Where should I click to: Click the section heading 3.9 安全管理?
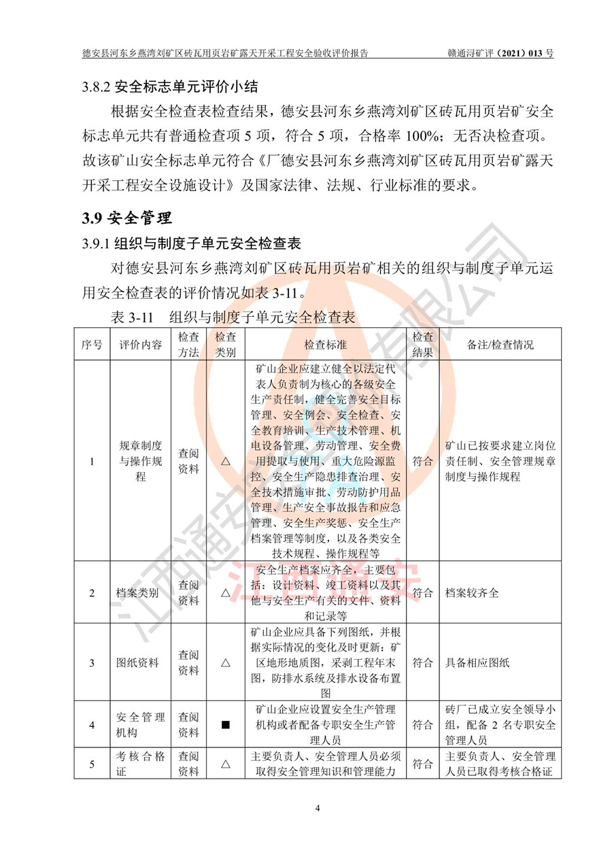click(x=127, y=218)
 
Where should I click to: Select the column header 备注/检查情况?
click(x=500, y=344)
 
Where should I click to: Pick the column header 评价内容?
click(x=141, y=344)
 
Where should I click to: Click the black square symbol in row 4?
click(x=225, y=725)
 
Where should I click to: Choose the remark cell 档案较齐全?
click(x=472, y=593)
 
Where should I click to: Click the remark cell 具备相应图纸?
click(x=477, y=662)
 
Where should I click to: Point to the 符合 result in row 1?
click(x=422, y=461)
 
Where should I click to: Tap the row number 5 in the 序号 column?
click(x=92, y=764)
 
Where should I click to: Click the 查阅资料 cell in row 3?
click(x=188, y=662)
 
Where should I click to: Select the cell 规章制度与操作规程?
click(x=141, y=461)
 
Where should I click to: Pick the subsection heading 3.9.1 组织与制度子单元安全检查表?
click(x=192, y=243)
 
